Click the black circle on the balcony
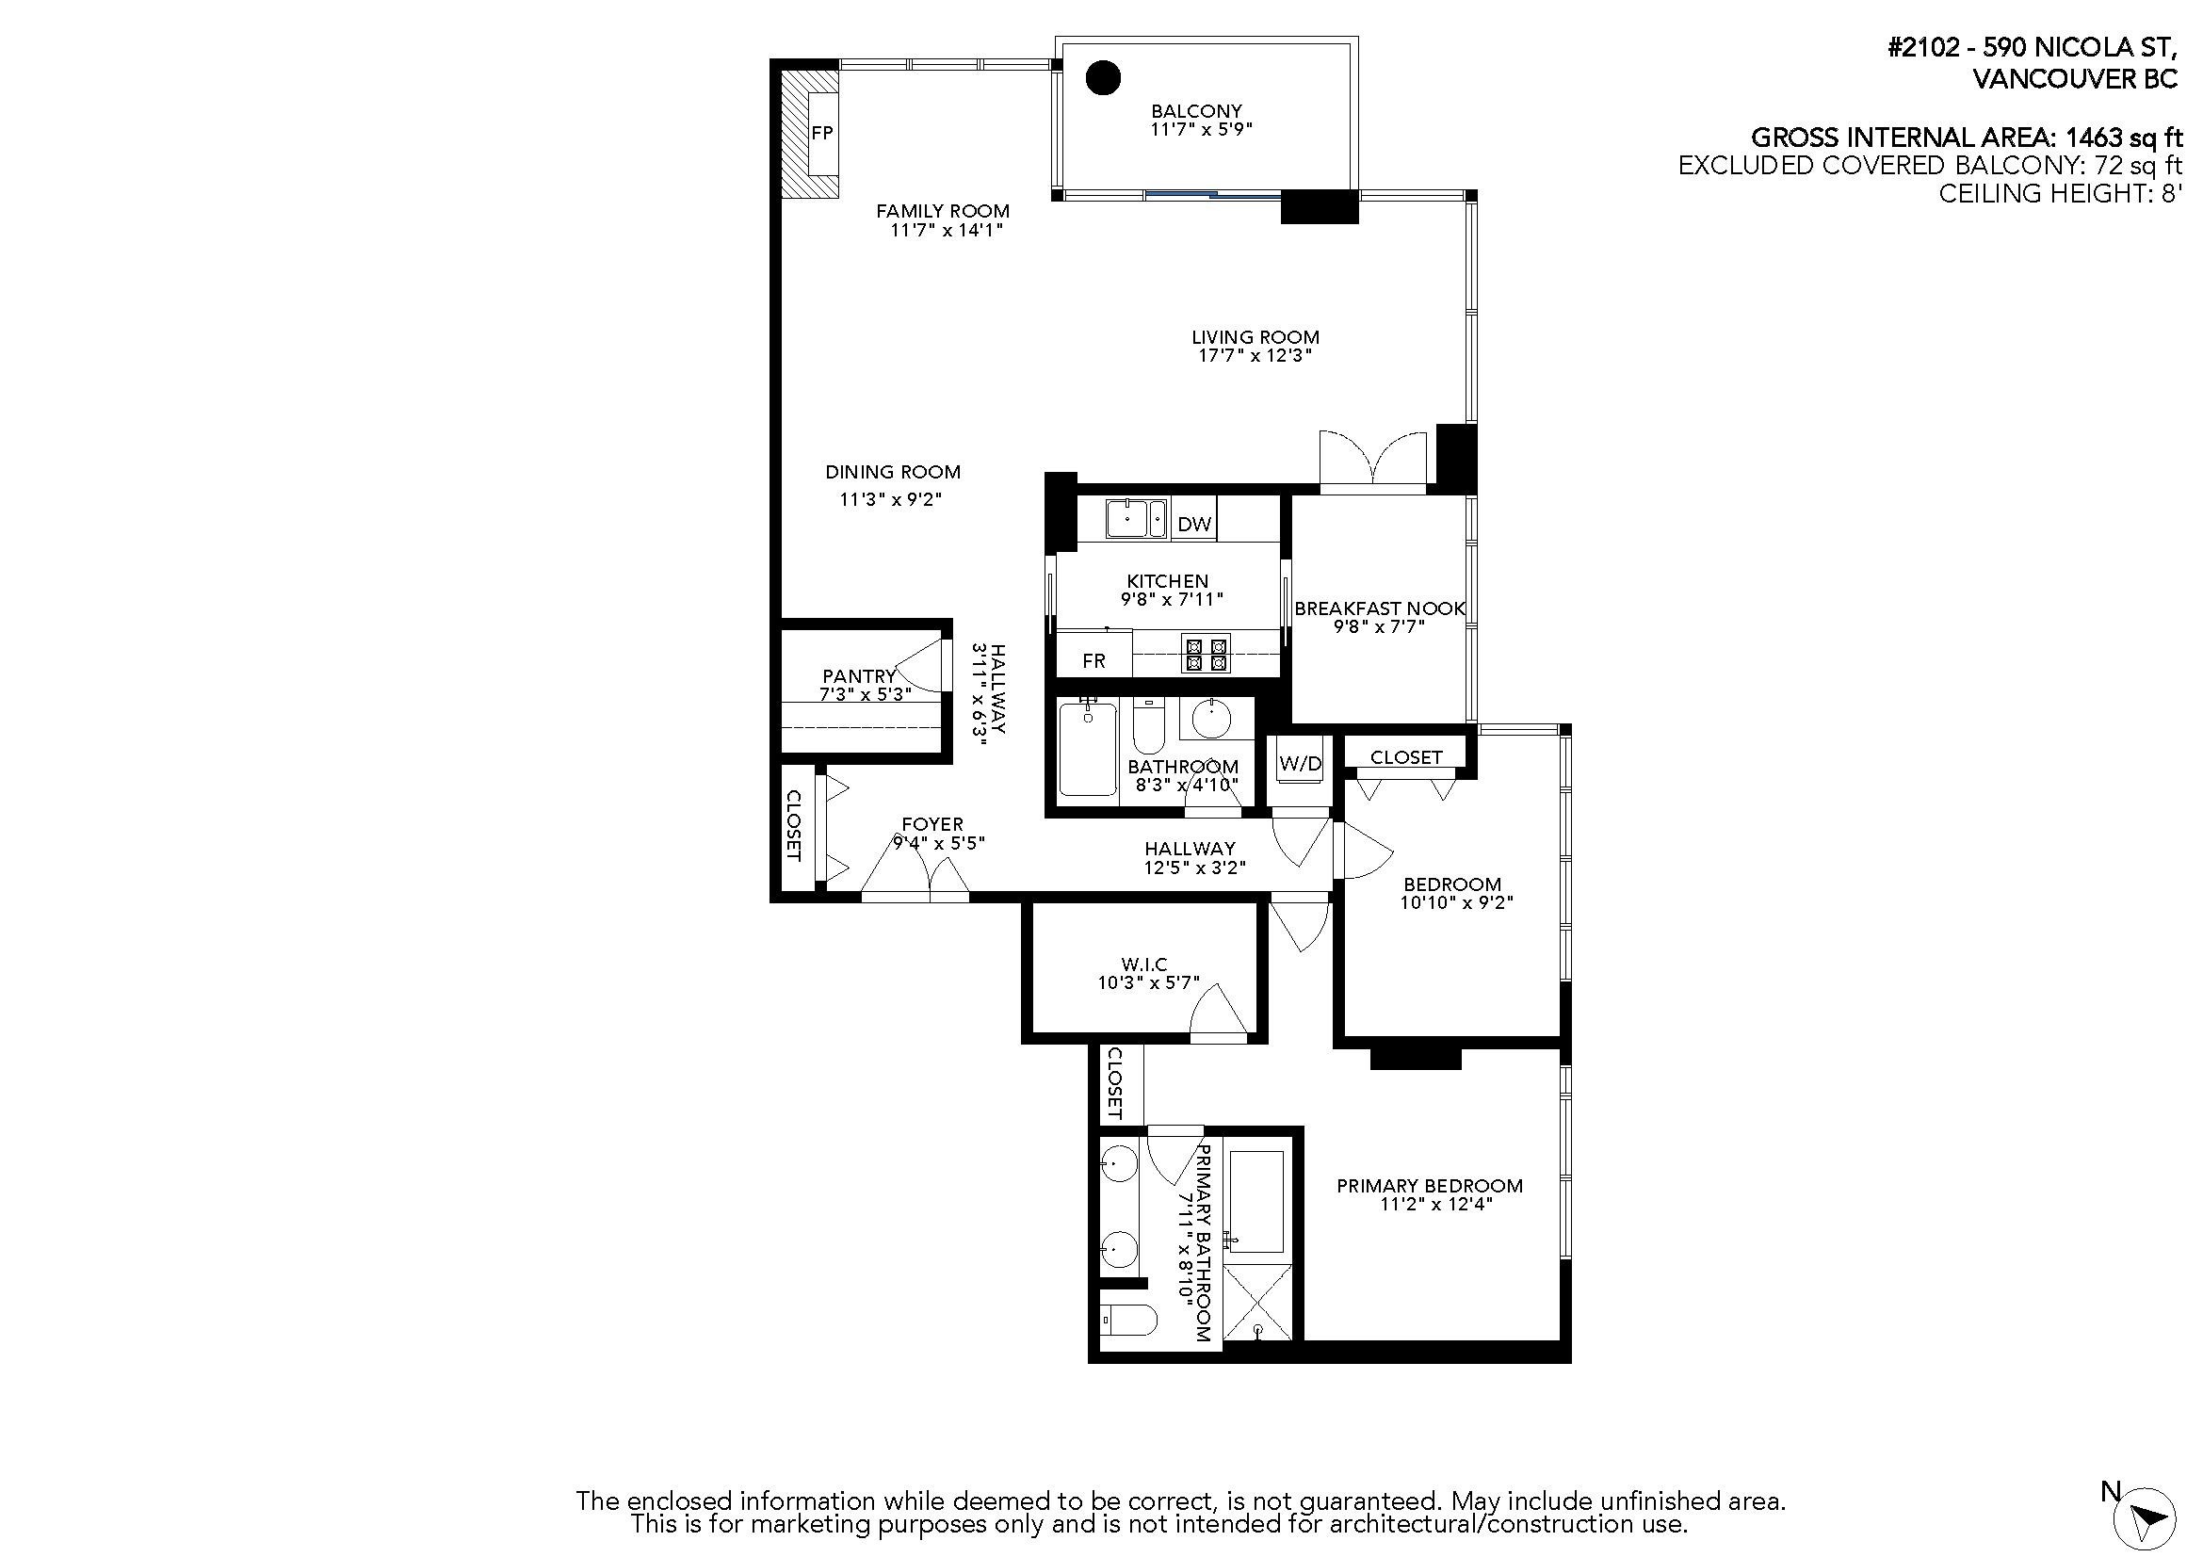1104,77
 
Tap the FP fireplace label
822,134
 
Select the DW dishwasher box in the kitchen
1193,523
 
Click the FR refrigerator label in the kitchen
1093,660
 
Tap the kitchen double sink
1136,519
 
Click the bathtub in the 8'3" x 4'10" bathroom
1088,748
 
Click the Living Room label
1255,336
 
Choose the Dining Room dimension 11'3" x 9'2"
891,499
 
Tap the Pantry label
859,676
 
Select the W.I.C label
1144,965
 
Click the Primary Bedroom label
1430,1186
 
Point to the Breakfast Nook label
1379,608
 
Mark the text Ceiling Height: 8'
2060,194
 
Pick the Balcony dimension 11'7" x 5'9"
1201,128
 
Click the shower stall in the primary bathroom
1258,1303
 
